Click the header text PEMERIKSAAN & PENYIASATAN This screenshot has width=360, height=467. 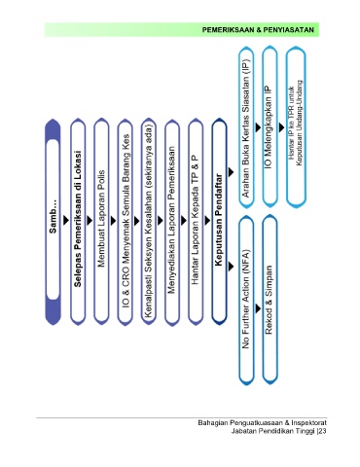tap(258, 30)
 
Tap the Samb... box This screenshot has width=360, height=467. tap(53, 222)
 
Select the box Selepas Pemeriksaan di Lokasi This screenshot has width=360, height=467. tap(78, 222)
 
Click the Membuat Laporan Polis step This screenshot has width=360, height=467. tap(101, 222)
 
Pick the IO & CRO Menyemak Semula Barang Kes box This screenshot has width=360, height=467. tap(126, 222)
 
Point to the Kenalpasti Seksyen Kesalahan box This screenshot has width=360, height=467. tap(149, 222)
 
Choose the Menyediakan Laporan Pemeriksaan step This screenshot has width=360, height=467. tap(172, 222)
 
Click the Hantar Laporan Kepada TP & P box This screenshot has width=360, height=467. tap(196, 222)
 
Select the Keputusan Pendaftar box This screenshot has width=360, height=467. tap(219, 222)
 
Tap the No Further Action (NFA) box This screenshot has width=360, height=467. tap(246, 300)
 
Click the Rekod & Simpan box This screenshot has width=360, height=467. tap(270, 300)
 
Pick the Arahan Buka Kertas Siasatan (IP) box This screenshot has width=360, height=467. tap(246, 126)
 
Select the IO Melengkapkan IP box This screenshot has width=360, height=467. tap(270, 126)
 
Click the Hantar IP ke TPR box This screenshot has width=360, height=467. tap(296, 126)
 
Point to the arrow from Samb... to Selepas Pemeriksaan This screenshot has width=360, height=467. tap(66, 220)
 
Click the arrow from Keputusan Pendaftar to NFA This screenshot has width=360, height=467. tap(231, 267)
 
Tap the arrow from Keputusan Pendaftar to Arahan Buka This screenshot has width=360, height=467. tap(231, 172)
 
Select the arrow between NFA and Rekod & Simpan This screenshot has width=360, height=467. tap(258, 308)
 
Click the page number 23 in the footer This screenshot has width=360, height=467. tap(322, 431)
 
